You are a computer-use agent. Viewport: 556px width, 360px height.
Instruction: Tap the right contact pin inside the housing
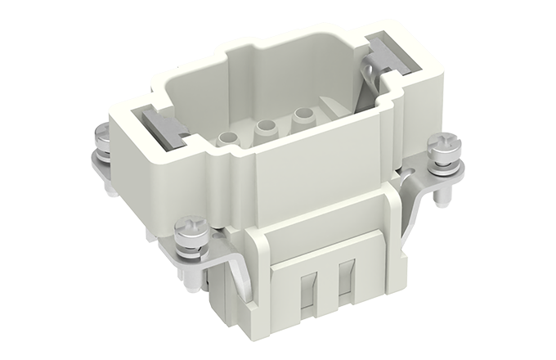coord(304,118)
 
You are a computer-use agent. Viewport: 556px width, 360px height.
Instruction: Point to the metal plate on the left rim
coord(168,128)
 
